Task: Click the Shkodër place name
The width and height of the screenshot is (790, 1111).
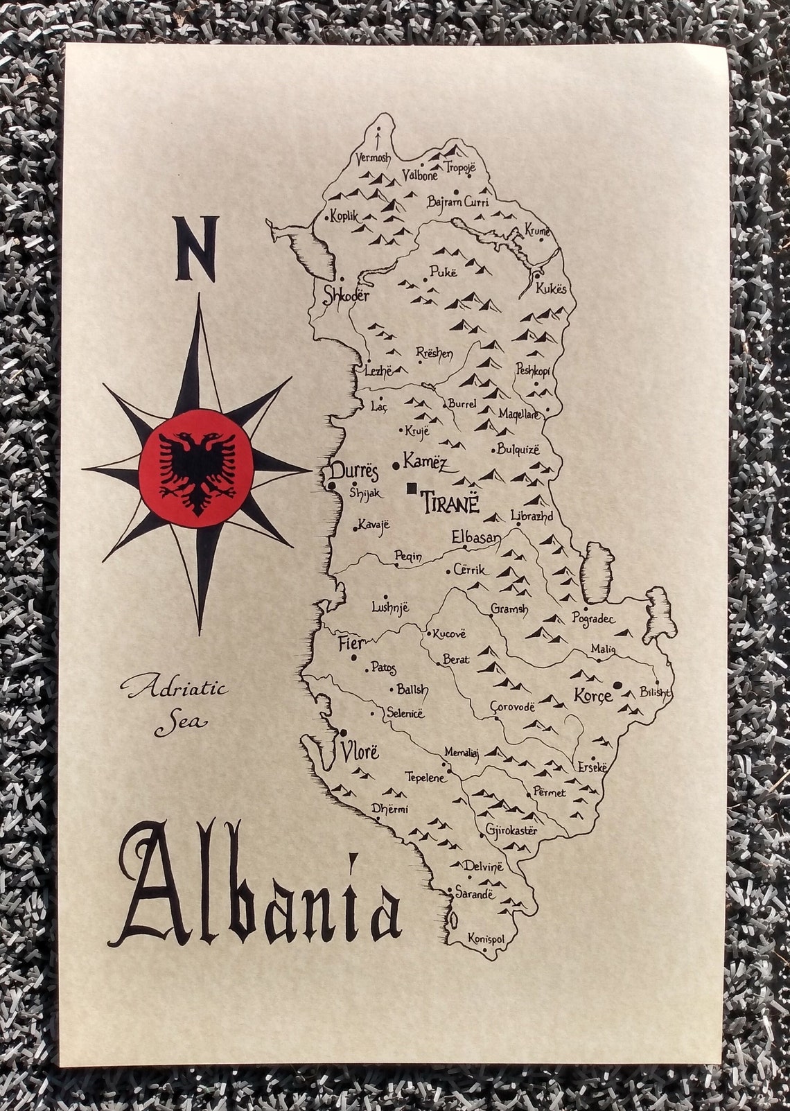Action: pyautogui.click(x=347, y=295)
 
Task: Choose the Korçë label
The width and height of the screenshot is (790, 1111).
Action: pyautogui.click(x=593, y=695)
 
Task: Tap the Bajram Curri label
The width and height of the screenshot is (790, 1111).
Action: pyautogui.click(x=458, y=202)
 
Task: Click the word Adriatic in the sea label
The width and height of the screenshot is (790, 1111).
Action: pyautogui.click(x=173, y=690)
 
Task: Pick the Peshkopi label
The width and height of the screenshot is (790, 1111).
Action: pyautogui.click(x=533, y=370)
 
